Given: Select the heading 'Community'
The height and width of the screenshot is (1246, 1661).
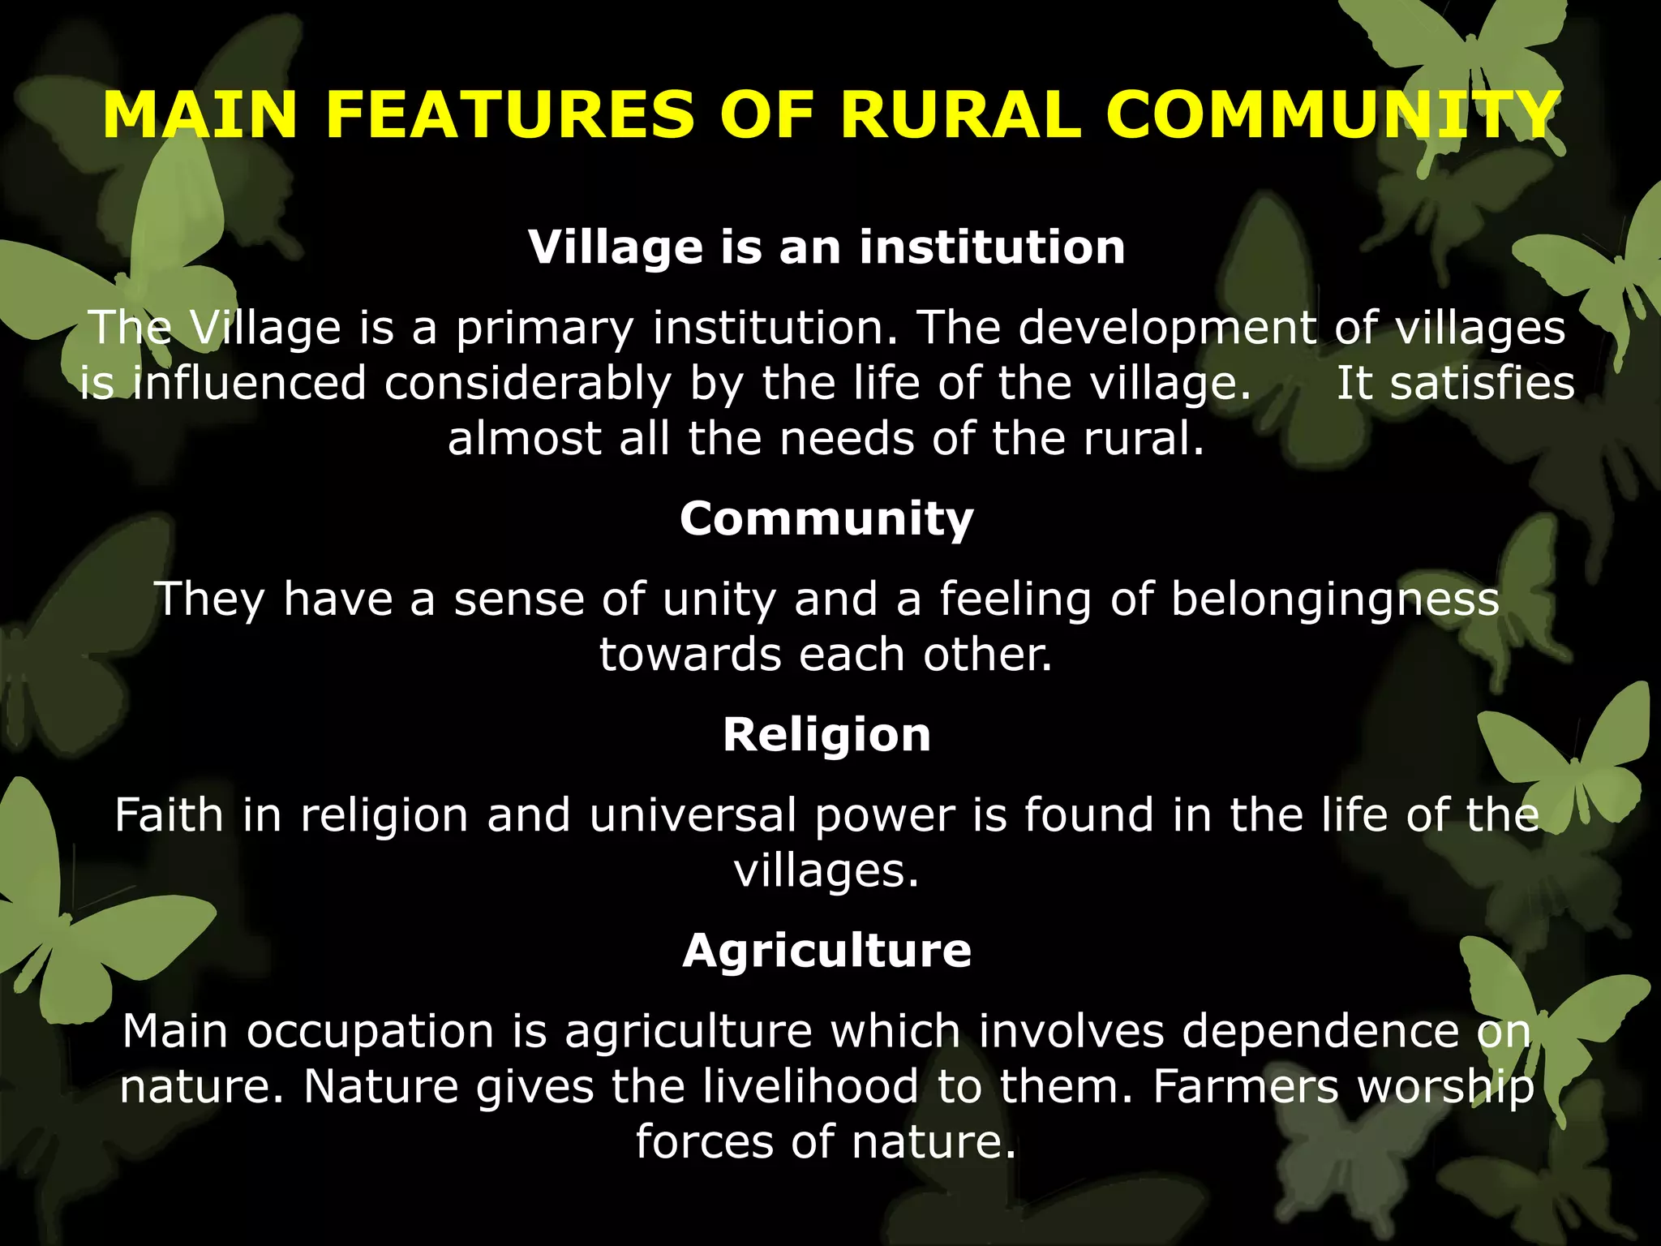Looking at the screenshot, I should click(826, 518).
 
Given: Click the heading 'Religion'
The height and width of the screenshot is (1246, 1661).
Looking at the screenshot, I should click(826, 735).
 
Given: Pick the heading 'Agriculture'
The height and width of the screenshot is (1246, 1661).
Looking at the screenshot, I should click(826, 951).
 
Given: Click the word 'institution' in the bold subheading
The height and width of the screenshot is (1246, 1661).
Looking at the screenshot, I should click(993, 247).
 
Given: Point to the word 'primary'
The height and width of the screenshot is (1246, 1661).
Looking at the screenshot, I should click(544, 329).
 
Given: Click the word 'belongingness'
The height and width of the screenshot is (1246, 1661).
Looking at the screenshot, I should click(1335, 601).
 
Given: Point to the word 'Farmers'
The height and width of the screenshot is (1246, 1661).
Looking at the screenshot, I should click(1245, 1086).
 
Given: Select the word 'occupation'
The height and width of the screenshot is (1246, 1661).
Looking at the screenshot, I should click(370, 1033).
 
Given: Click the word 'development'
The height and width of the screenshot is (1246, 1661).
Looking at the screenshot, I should click(1167, 329).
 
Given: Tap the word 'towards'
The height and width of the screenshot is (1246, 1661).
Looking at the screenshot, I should click(689, 655).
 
